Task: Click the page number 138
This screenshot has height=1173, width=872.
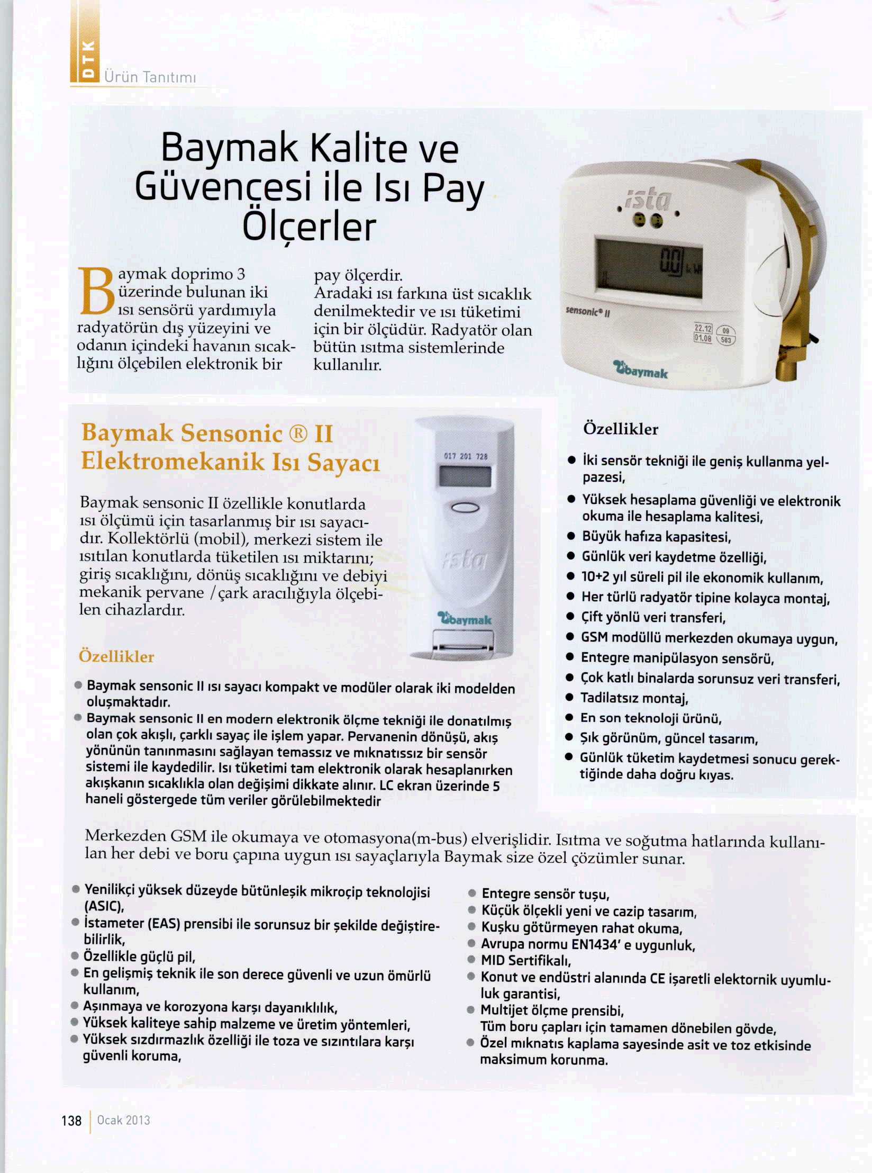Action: [x=71, y=1120]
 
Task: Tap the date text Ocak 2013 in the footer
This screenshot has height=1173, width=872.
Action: [x=123, y=1120]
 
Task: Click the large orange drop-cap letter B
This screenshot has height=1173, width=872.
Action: [x=96, y=291]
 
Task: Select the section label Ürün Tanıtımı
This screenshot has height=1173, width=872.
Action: [x=150, y=77]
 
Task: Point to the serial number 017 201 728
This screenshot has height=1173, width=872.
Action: [x=465, y=456]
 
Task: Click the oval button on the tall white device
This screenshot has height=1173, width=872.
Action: [x=465, y=507]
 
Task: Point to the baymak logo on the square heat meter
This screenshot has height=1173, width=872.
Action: [x=641, y=371]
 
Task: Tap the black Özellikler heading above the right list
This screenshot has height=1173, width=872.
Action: [x=621, y=429]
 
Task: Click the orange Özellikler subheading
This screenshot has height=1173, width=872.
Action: [x=116, y=656]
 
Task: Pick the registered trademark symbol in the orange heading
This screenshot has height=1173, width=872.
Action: [x=298, y=434]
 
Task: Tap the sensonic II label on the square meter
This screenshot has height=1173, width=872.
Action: [x=588, y=311]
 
